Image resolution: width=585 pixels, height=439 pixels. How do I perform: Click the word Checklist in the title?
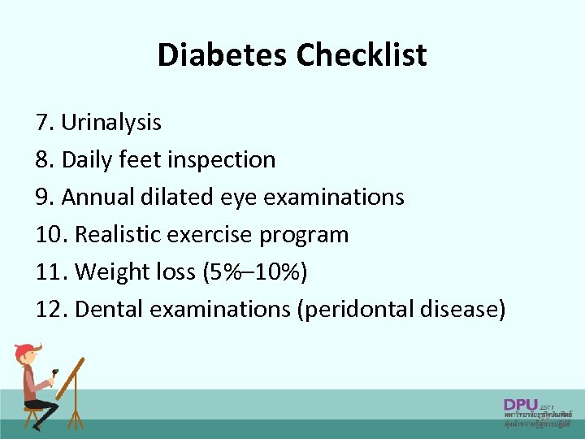[x=362, y=55]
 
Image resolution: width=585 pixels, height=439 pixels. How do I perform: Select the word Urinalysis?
[x=111, y=123]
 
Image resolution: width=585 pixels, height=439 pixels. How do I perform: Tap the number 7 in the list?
[x=42, y=123]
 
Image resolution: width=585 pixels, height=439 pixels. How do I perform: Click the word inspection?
[x=221, y=160]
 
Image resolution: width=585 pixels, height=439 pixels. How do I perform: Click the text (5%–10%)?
[x=258, y=272]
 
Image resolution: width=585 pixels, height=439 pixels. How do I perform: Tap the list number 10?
[x=50, y=235]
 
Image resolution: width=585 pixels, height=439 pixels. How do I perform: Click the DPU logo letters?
[x=520, y=404]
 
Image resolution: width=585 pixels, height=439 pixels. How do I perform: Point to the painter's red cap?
[x=26, y=350]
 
